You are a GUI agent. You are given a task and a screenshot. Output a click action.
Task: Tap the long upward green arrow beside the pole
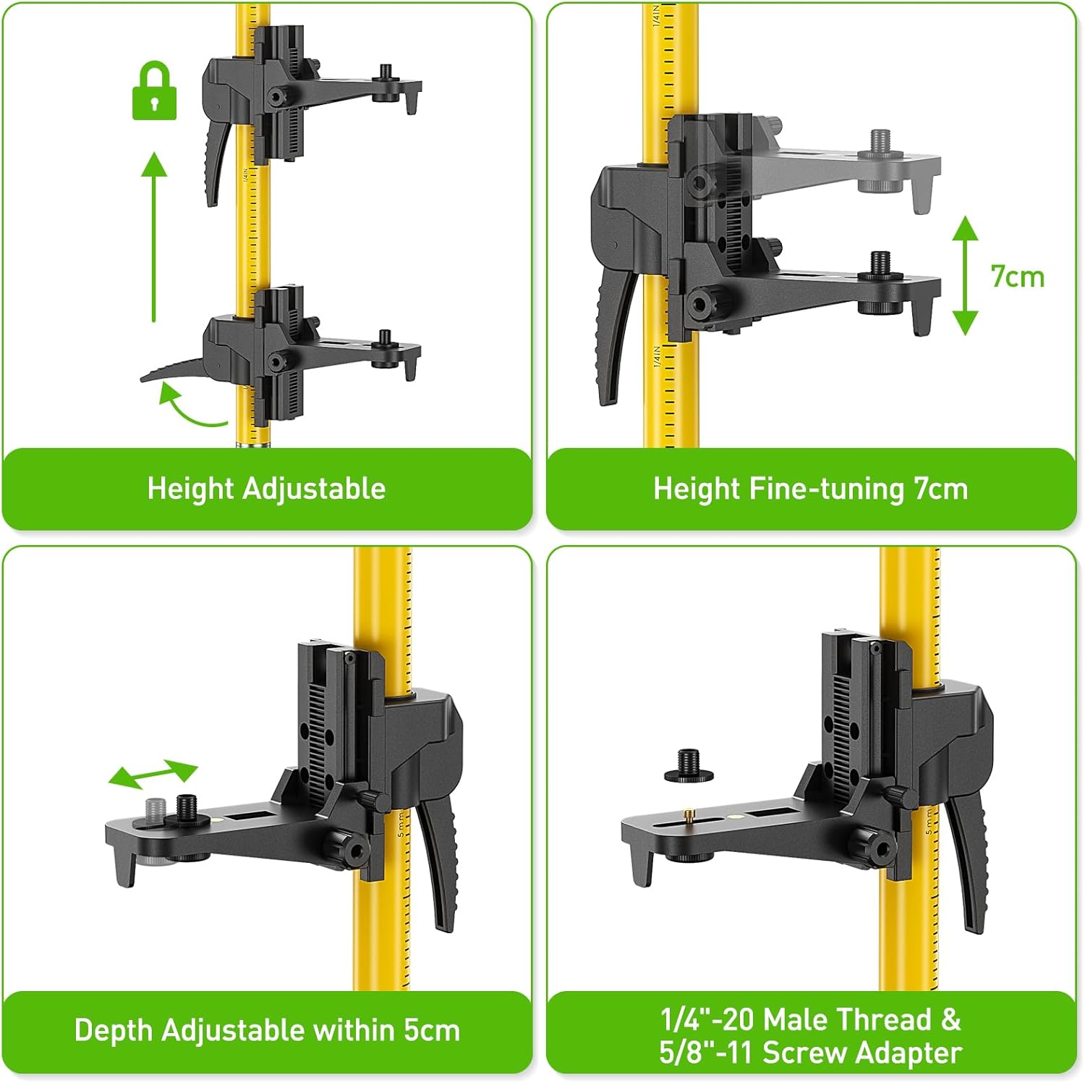[153, 237]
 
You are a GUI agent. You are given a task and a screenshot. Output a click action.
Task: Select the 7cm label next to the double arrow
[1017, 277]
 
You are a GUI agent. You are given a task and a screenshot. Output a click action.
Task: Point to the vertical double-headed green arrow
[965, 275]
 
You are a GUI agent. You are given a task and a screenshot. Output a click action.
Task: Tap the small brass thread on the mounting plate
[687, 816]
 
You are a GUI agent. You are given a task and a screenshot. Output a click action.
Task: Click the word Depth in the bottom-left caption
[114, 1031]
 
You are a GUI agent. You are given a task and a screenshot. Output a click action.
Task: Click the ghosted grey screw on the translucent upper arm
[880, 161]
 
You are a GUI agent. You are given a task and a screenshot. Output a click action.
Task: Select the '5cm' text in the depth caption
[432, 1031]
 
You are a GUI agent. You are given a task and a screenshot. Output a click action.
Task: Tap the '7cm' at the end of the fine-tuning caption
[941, 489]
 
